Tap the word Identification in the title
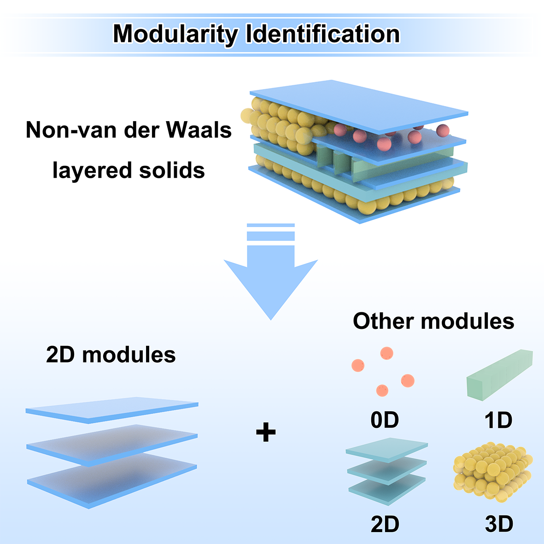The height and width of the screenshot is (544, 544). click(x=322, y=34)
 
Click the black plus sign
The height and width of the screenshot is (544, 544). click(x=266, y=433)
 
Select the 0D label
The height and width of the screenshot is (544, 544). click(x=384, y=420)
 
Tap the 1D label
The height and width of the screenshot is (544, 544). click(x=498, y=420)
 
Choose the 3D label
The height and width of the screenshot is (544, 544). click(x=499, y=524)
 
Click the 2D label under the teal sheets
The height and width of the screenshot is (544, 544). click(x=385, y=524)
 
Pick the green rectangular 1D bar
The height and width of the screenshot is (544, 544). click(x=500, y=374)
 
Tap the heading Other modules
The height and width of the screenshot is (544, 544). click(x=433, y=321)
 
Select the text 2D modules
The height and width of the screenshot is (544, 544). click(x=111, y=355)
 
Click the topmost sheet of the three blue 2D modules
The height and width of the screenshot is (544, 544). click(x=112, y=409)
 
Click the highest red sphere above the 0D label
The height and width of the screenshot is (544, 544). click(x=386, y=353)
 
